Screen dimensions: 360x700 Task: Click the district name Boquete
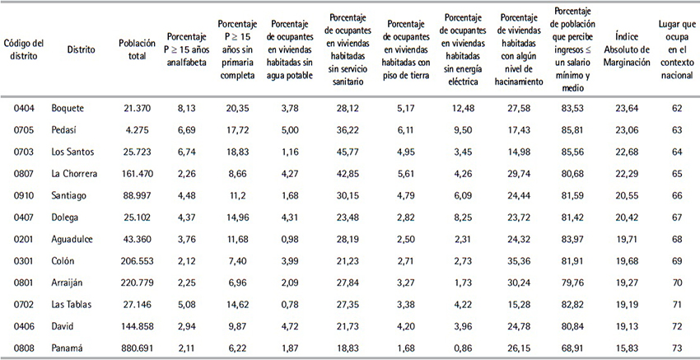click(x=68, y=109)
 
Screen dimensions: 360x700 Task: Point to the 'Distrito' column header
click(x=81, y=49)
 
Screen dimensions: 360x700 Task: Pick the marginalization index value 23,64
click(x=628, y=109)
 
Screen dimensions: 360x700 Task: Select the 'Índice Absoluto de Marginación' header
click(x=628, y=49)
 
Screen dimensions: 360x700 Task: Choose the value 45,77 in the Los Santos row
click(x=348, y=152)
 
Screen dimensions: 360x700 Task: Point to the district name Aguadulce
click(x=72, y=239)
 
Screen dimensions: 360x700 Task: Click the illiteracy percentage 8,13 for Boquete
click(x=186, y=109)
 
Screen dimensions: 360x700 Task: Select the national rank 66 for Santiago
click(x=677, y=195)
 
